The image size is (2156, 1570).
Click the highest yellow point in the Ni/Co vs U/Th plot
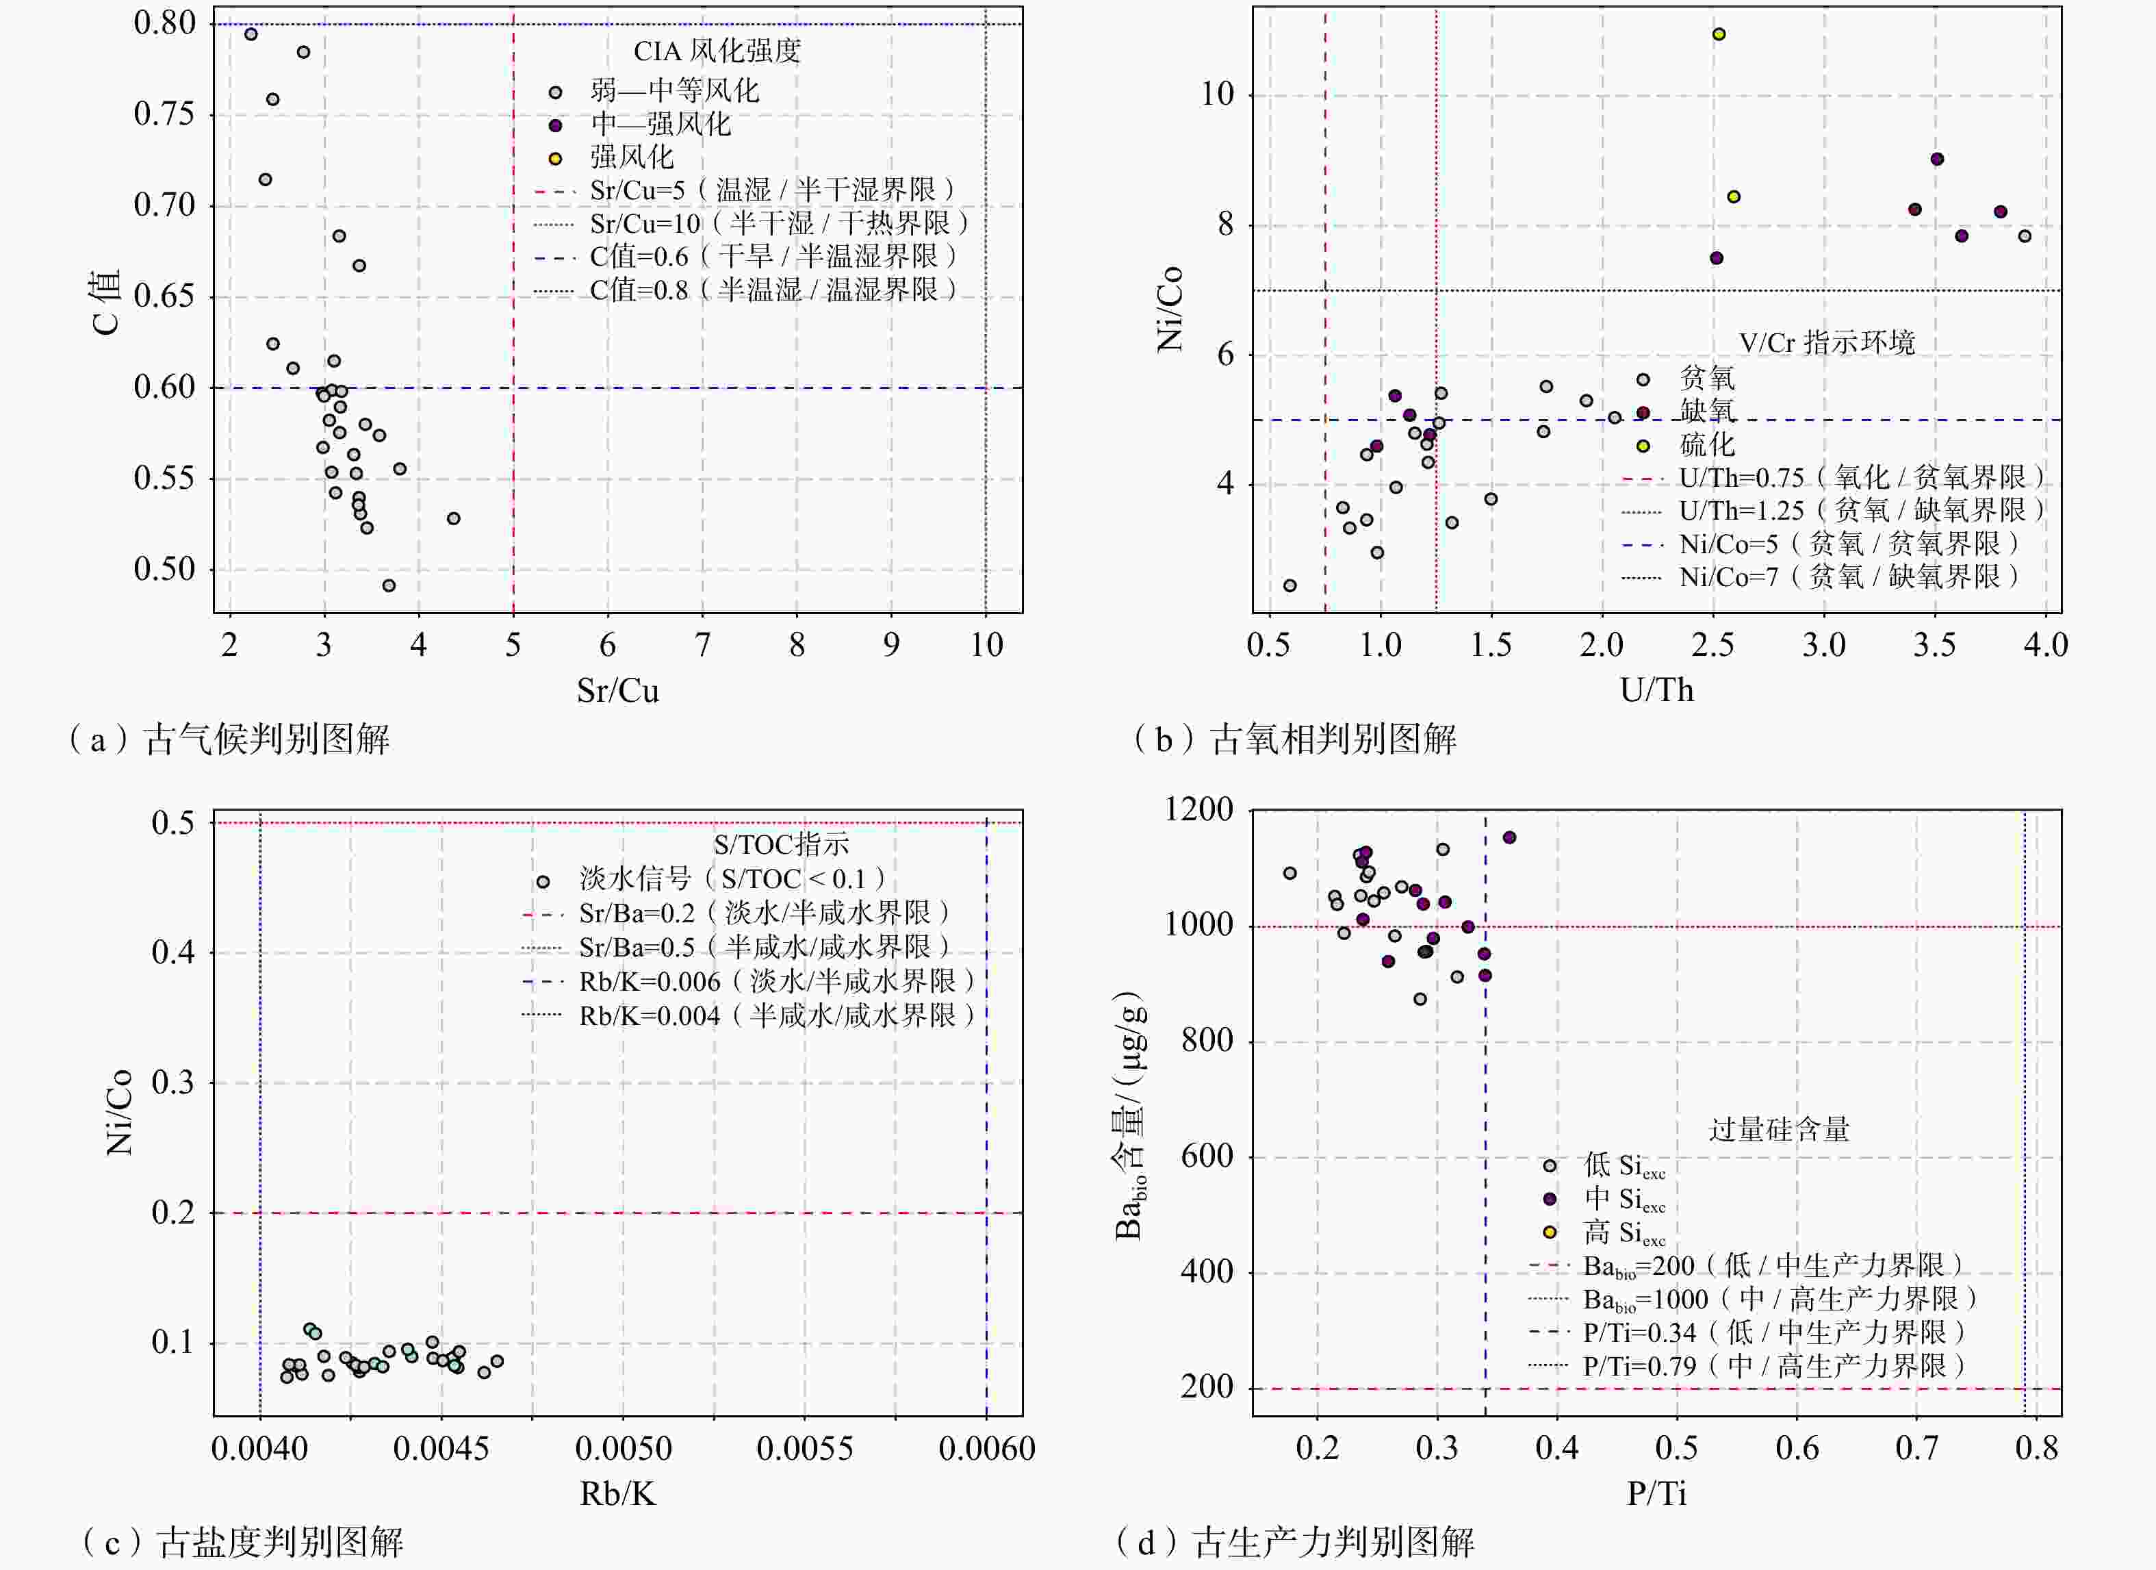pyautogui.click(x=1719, y=34)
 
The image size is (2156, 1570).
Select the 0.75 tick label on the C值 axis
pyautogui.click(x=164, y=114)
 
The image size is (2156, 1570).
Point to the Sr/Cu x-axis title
pyautogui.click(x=618, y=690)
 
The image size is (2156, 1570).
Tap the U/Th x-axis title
pyautogui.click(x=1657, y=690)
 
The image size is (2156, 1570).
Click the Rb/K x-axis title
pyautogui.click(x=618, y=1494)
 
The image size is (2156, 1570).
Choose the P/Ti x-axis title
pyautogui.click(x=1657, y=1494)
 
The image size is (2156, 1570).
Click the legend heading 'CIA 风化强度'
pyautogui.click(x=718, y=51)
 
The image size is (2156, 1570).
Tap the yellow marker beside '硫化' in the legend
pyautogui.click(x=1643, y=446)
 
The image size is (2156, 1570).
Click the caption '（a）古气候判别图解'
pyautogui.click(x=228, y=739)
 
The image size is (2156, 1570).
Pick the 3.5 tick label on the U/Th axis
pyautogui.click(x=1934, y=646)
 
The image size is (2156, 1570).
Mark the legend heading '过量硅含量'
pyautogui.click(x=1779, y=1130)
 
